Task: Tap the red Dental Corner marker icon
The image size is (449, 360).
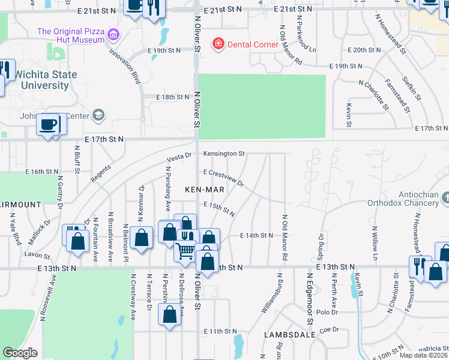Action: pos(217,44)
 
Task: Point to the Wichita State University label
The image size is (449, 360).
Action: pos(41,80)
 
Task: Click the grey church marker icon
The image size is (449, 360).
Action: pos(445,197)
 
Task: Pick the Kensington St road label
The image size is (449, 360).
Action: pos(223,154)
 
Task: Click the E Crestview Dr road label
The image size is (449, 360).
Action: pos(223,177)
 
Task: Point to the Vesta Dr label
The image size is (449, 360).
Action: pos(179,157)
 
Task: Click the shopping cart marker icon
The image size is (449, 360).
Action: pos(185,250)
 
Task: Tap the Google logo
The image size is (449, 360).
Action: pos(20,352)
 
